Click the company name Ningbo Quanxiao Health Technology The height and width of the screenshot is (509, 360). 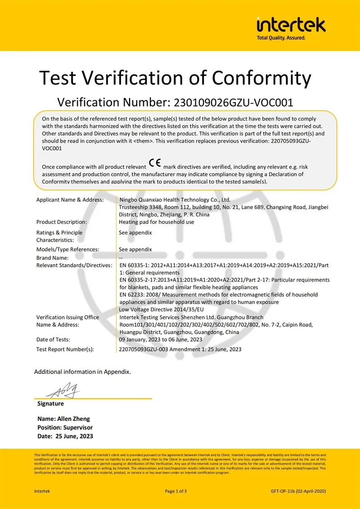tap(175, 200)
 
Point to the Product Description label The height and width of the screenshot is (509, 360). tap(62, 222)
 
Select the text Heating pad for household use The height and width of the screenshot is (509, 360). tap(156, 222)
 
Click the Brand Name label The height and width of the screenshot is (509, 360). tap(52, 258)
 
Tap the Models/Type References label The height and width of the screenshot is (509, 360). tap(67, 249)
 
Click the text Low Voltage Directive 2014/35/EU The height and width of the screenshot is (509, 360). tap(161, 309)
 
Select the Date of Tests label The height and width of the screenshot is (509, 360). tap(53, 339)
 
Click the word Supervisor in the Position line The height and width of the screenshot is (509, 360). tap(78, 427)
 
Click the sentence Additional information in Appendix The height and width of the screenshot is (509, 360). tap(82, 372)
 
